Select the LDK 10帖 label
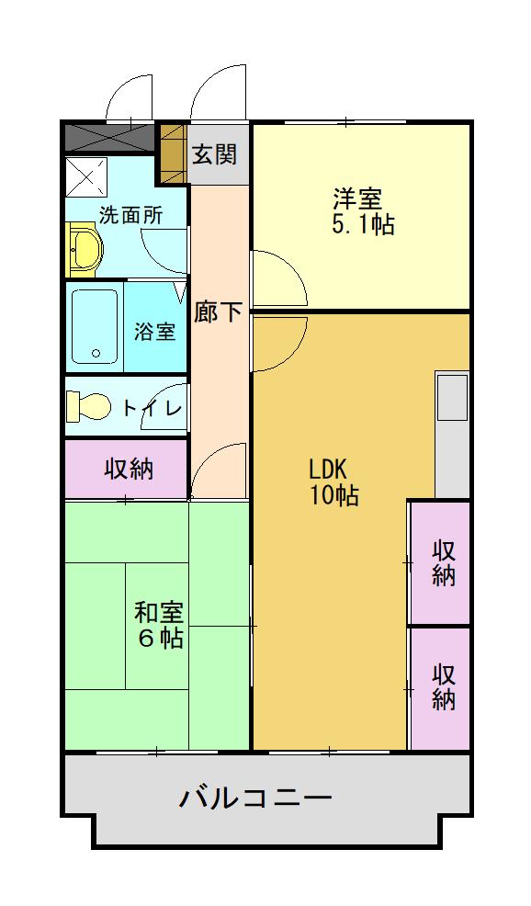point(332,481)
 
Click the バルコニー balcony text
point(254,796)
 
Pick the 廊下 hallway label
point(218,311)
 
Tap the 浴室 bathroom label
point(154,331)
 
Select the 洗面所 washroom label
point(131,216)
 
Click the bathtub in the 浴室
point(95,327)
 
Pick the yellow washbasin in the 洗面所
point(84,250)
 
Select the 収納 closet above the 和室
point(127,469)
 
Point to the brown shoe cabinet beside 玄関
point(173,153)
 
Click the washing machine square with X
point(85,176)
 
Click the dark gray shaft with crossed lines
point(108,138)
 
